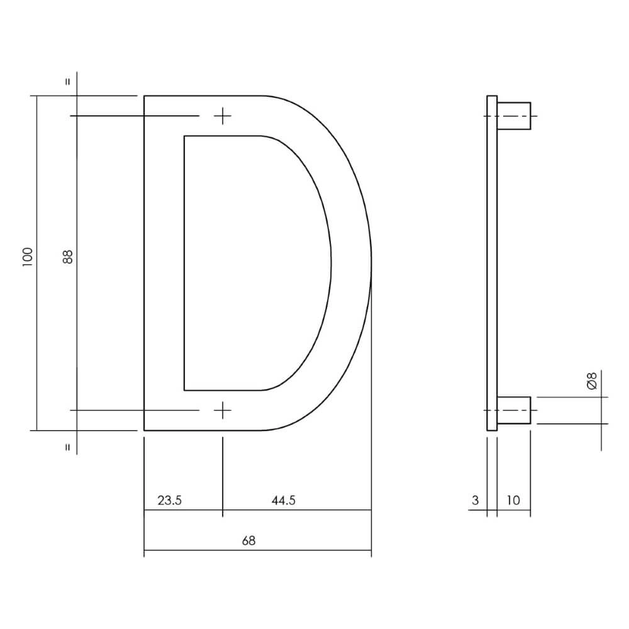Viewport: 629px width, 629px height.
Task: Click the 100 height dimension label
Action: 26,257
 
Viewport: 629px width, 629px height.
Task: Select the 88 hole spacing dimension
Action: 68,257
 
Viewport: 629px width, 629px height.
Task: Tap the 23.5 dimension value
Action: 169,501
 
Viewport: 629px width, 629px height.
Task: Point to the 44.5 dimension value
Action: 283,501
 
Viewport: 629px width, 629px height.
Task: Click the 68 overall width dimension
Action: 249,540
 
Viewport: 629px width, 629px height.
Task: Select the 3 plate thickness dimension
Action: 475,501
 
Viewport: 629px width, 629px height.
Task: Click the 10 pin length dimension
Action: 513,501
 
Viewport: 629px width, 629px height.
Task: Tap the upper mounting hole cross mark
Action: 223,116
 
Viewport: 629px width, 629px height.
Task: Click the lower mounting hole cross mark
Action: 223,410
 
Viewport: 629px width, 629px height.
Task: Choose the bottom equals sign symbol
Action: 68,448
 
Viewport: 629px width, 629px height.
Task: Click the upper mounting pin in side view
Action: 514,116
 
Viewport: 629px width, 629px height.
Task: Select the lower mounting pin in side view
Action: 514,410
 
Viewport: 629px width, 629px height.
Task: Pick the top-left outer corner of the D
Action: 145,96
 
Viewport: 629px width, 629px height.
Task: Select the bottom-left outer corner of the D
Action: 145,430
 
